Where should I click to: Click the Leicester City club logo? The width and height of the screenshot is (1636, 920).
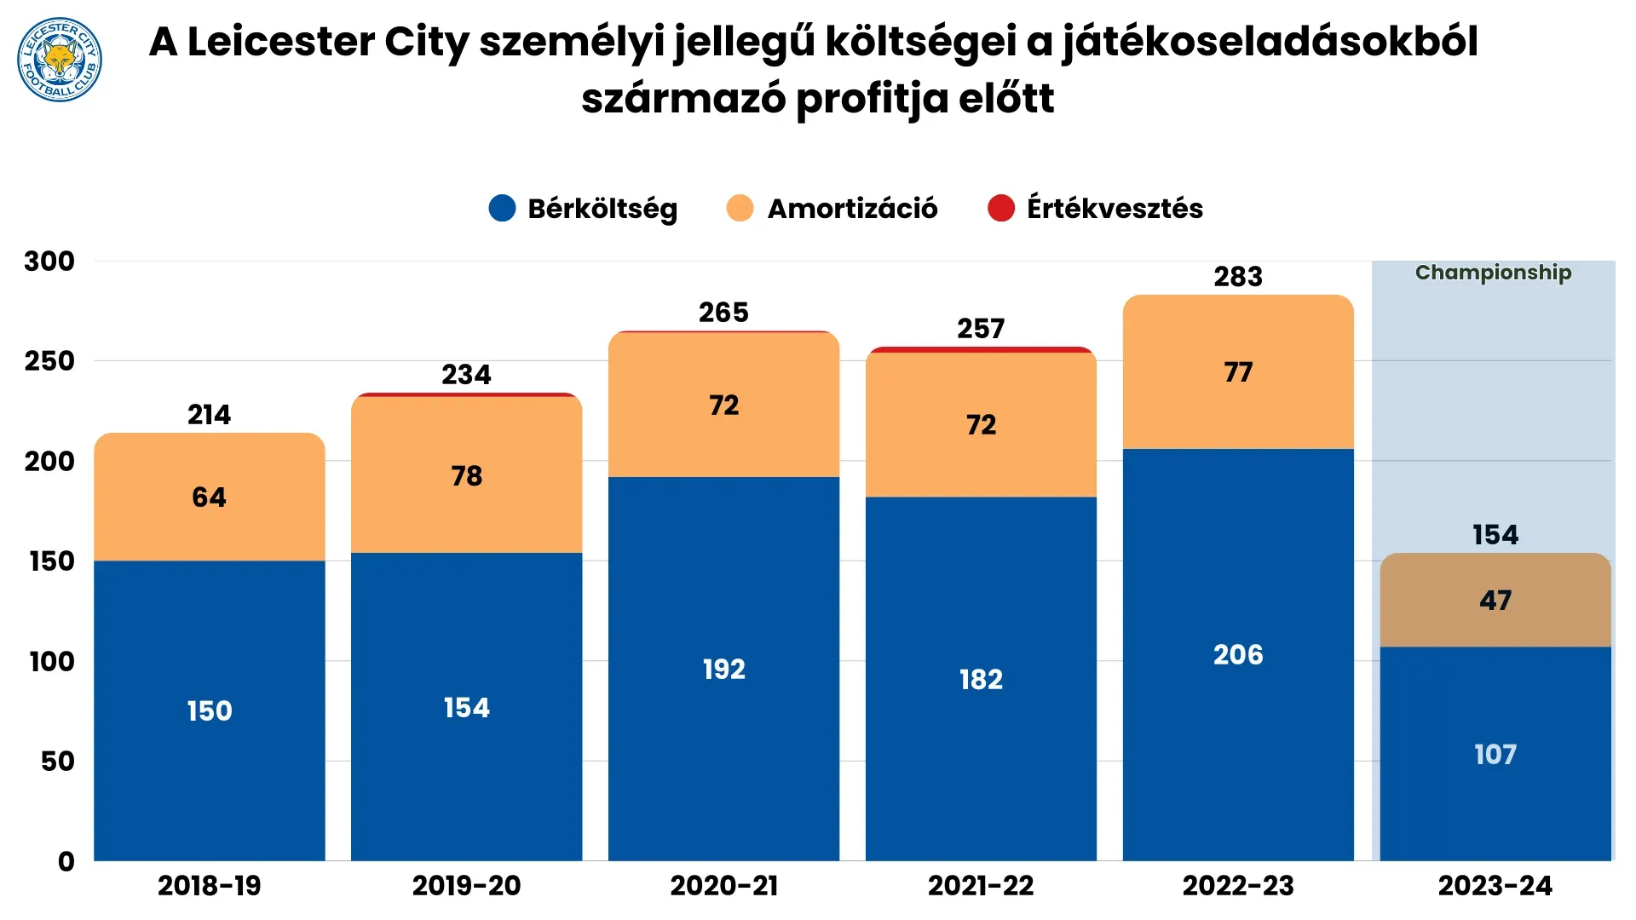click(60, 60)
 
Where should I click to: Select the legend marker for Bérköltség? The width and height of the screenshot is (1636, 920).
click(503, 209)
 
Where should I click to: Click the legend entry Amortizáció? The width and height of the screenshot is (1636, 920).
click(851, 209)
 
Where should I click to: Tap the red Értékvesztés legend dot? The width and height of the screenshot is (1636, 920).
click(1001, 209)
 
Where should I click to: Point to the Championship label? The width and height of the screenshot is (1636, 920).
click(1493, 273)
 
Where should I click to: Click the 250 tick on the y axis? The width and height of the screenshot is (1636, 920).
click(49, 361)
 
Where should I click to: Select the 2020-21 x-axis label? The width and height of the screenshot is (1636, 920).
click(724, 886)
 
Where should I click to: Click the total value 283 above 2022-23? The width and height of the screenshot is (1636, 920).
click(1238, 277)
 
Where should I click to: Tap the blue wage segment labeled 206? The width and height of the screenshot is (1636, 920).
click(1238, 655)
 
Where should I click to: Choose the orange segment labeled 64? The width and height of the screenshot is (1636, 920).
click(210, 497)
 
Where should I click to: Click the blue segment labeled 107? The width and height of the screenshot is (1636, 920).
click(1495, 755)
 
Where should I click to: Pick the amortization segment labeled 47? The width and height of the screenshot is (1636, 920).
click(1495, 601)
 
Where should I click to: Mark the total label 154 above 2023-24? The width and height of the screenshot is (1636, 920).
click(1495, 535)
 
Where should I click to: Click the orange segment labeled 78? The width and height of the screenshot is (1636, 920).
click(467, 476)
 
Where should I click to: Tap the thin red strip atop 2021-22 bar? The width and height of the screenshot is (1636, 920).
click(981, 349)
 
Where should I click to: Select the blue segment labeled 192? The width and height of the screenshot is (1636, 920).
click(724, 670)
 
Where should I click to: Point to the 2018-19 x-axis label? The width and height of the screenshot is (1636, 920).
click(210, 886)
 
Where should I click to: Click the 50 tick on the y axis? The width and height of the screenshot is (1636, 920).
click(58, 762)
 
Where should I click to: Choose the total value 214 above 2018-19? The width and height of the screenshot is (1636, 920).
click(210, 415)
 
